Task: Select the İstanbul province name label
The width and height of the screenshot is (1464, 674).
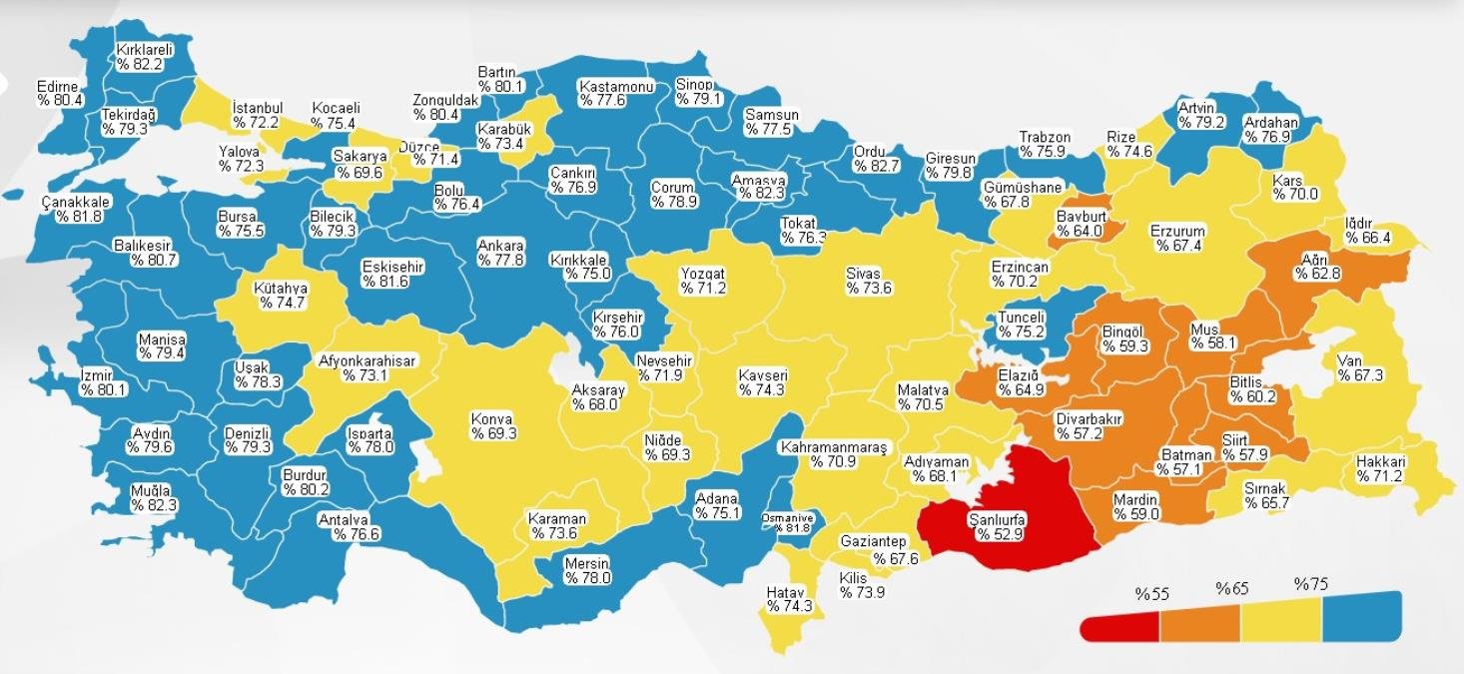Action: pos(258,108)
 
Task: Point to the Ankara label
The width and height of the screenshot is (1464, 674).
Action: pos(500,245)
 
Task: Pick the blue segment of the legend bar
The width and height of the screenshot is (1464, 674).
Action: pos(1361,619)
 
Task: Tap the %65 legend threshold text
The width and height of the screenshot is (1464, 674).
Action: pos(1231,588)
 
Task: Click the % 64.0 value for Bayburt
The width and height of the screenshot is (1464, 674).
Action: pos(1079,232)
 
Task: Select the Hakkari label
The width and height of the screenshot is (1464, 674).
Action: pos(1381,462)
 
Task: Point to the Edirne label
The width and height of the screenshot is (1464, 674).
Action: pos(57,86)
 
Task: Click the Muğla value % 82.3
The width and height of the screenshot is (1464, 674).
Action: pos(153,506)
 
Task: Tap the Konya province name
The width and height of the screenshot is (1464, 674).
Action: pos(492,419)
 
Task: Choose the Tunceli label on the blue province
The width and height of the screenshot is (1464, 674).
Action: pos(1021,318)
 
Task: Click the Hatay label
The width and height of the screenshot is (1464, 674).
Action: pos(785,592)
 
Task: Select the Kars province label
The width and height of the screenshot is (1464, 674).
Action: pos(1287,181)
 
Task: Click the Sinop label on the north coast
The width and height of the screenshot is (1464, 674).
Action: pos(694,85)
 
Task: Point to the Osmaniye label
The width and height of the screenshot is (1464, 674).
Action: pos(786,517)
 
